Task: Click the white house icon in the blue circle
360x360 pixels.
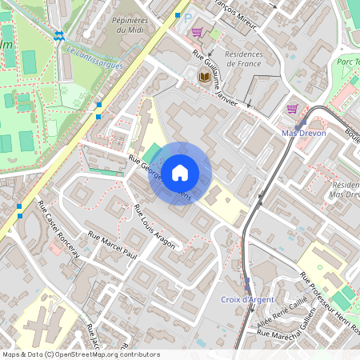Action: click(180, 172)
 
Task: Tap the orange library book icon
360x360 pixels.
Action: click(204, 76)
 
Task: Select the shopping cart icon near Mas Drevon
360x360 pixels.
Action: click(292, 109)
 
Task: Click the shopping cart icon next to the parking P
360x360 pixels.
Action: click(197, 32)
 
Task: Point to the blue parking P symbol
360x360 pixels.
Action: click(188, 18)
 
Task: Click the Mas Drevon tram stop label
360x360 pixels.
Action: click(305, 133)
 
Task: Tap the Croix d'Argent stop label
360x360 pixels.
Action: click(247, 299)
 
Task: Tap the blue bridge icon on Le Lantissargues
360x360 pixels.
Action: click(59, 36)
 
